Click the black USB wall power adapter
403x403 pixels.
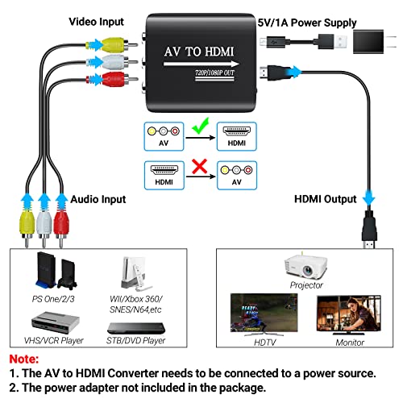371,49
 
